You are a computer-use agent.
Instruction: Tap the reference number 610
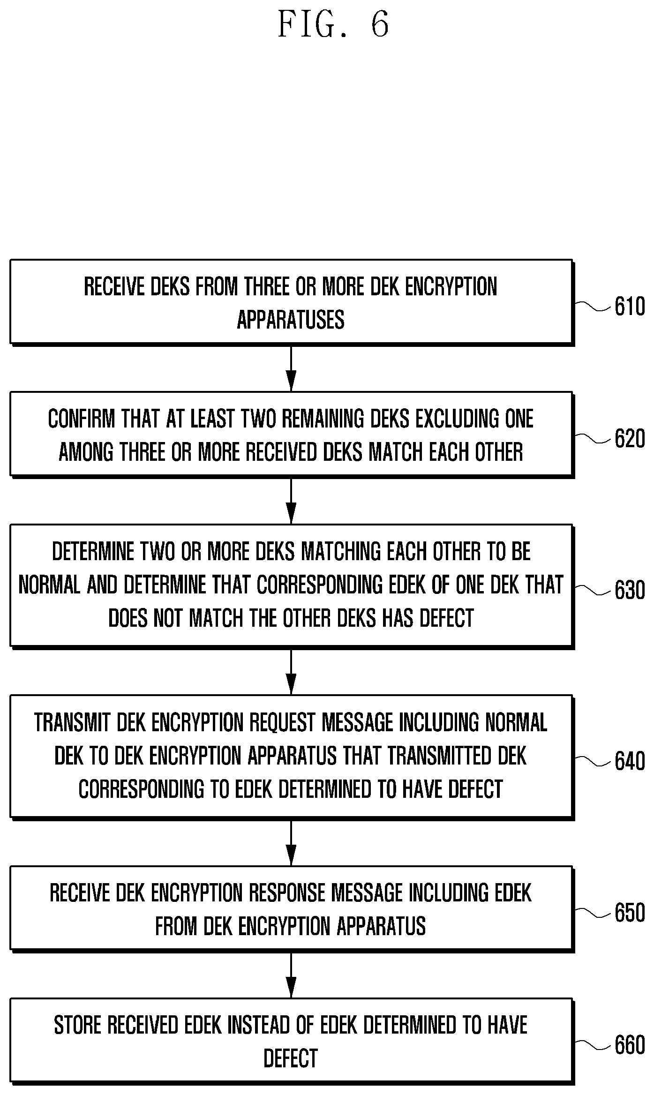pos(630,307)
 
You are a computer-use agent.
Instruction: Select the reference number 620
pos(630,439)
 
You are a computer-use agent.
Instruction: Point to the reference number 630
pos(630,590)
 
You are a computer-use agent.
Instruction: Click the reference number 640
pos(630,761)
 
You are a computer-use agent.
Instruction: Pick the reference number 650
pos(630,913)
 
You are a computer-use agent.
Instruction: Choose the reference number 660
pos(630,1045)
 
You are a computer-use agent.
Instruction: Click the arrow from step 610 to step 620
pos(291,368)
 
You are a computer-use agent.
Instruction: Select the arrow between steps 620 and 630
pos(291,501)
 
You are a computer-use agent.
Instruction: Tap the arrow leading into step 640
pos(291,671)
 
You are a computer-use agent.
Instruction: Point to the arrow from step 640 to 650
pos(291,842)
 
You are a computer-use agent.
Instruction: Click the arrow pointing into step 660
pos(291,975)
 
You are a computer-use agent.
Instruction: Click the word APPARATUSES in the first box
pos(291,320)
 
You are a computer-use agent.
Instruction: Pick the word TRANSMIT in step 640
pos(72,722)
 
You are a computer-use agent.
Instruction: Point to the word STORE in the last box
pos(77,1025)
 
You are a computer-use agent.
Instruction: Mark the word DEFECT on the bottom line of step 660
pos(291,1058)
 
